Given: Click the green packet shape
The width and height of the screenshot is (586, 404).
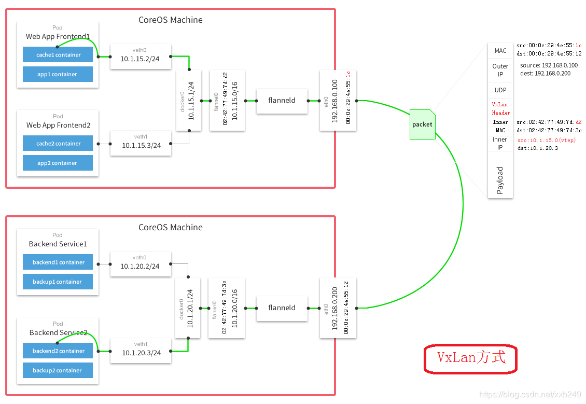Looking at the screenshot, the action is pos(422,124).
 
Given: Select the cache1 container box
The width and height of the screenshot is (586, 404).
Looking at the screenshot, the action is pos(58,54).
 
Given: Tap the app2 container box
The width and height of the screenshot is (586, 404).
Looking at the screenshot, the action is pos(58,163).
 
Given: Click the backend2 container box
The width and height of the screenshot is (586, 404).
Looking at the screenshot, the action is pos(58,351).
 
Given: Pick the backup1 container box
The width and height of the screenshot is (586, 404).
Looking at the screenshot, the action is pos(58,282).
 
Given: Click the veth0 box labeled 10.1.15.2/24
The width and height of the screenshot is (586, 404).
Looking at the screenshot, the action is pos(141,57).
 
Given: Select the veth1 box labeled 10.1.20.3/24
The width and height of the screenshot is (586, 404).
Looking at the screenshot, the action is pos(141,351).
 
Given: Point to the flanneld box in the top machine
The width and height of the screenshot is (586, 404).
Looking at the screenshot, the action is pos(282,101).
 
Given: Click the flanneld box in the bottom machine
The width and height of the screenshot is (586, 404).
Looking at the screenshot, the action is pos(282,309).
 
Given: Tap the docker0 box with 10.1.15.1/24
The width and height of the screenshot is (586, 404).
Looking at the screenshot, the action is pos(189,100).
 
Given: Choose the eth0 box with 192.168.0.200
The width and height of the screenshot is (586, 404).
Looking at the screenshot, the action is pos(338,308).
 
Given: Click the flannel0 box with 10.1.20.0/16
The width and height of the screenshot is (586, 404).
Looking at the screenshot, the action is pos(227,308).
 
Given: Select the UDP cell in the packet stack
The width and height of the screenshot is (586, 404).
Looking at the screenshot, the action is pos(500,90).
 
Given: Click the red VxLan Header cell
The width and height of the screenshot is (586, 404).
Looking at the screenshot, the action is pos(500,108).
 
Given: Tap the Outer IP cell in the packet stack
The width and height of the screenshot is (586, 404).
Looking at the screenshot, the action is pos(500,70).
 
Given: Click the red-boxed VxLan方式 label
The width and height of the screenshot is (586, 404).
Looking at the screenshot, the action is pos(471,358).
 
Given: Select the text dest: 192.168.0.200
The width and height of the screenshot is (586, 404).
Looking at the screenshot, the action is pos(545,74).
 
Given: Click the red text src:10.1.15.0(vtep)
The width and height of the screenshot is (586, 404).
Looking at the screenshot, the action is pos(547,140).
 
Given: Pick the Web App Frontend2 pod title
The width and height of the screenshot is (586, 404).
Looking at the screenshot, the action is pos(58,125).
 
